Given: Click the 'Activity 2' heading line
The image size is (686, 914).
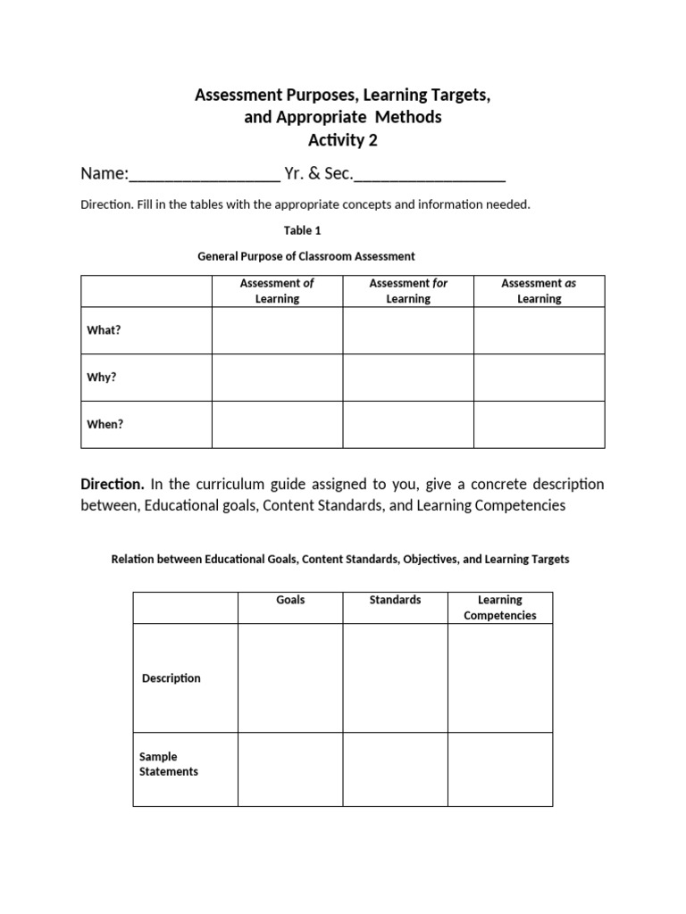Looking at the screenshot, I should (343, 140).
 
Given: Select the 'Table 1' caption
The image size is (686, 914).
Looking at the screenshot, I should (303, 230).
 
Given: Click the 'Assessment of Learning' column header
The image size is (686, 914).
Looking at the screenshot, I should (277, 291).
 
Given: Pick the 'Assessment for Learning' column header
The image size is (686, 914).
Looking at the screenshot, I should (408, 291).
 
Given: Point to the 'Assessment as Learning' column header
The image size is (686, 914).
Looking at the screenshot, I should (539, 291).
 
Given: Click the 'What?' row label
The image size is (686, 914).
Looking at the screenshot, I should (104, 330).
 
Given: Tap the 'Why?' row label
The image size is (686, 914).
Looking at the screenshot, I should (102, 377).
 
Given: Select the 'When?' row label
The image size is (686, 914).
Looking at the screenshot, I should (105, 424).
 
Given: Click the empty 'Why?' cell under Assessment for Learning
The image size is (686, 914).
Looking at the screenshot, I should (408, 377).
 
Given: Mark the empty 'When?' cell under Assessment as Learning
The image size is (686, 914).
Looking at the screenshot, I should (539, 424).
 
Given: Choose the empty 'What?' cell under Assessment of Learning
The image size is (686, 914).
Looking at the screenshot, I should (277, 330).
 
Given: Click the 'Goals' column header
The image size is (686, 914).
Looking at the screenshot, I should (290, 600).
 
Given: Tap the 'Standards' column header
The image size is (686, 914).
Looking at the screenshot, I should (395, 600).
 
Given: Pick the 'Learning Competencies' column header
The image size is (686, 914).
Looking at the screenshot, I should (500, 608).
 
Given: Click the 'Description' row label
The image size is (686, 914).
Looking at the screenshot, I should (171, 678).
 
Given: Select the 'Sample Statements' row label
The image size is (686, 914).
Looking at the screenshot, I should (169, 764).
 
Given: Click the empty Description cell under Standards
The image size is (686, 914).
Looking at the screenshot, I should (395, 678).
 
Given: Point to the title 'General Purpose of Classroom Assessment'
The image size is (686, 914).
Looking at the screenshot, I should (305, 256).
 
